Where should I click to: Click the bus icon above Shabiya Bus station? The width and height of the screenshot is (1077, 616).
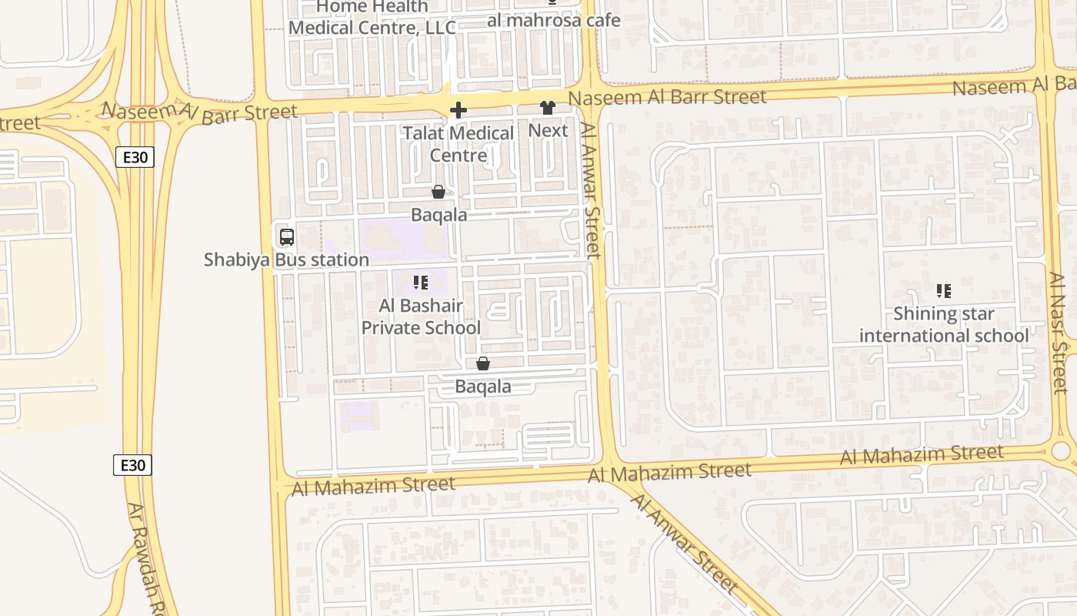click(x=286, y=237)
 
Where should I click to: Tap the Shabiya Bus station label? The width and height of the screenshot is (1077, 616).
click(x=286, y=260)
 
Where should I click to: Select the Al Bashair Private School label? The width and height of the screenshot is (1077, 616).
click(x=421, y=316)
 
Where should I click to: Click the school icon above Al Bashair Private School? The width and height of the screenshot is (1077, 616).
click(x=420, y=283)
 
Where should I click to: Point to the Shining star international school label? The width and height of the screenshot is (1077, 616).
click(x=943, y=325)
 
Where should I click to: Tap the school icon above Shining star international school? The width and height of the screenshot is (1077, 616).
click(x=943, y=291)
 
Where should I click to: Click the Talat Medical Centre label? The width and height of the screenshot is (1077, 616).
click(x=458, y=144)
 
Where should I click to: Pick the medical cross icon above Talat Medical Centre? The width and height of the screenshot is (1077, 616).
click(x=458, y=110)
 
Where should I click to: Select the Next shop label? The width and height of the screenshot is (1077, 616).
click(x=548, y=131)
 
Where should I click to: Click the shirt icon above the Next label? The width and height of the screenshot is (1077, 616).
click(x=548, y=109)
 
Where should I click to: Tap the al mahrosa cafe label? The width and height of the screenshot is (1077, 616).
click(x=553, y=21)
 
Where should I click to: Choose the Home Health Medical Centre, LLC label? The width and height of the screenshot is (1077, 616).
click(x=372, y=18)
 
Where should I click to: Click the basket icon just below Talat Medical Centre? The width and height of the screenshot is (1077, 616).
click(x=438, y=192)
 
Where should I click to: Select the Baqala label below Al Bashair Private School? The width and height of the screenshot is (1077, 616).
click(x=483, y=387)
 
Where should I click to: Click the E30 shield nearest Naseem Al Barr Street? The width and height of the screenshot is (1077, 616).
click(x=135, y=158)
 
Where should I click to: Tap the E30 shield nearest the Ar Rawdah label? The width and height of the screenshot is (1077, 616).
click(x=133, y=465)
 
